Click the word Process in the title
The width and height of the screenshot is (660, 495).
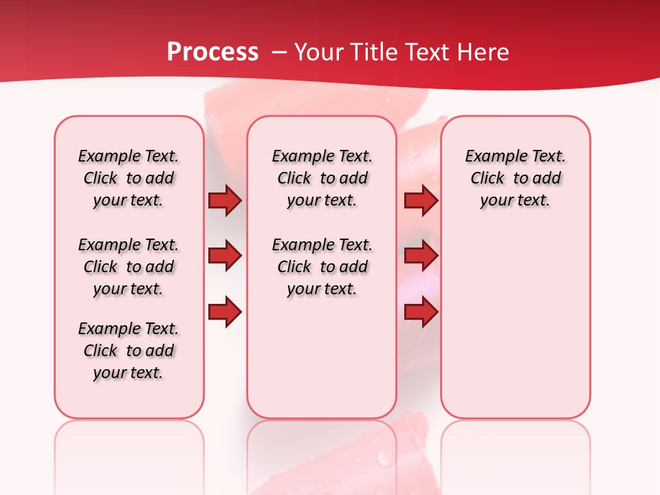(212, 52)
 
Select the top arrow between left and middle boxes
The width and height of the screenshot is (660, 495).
(225, 201)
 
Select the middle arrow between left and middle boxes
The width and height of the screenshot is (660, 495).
(225, 256)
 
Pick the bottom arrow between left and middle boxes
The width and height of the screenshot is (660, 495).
(225, 311)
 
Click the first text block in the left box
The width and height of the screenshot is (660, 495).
(129, 178)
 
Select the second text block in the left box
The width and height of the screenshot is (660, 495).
(129, 267)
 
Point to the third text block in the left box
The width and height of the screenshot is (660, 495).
(129, 351)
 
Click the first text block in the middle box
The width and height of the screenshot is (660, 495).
(322, 178)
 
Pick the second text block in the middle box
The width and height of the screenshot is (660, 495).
(322, 267)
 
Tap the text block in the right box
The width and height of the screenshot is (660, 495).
(516, 178)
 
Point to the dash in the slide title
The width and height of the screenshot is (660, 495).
(279, 52)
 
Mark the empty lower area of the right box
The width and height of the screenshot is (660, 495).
(516, 323)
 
